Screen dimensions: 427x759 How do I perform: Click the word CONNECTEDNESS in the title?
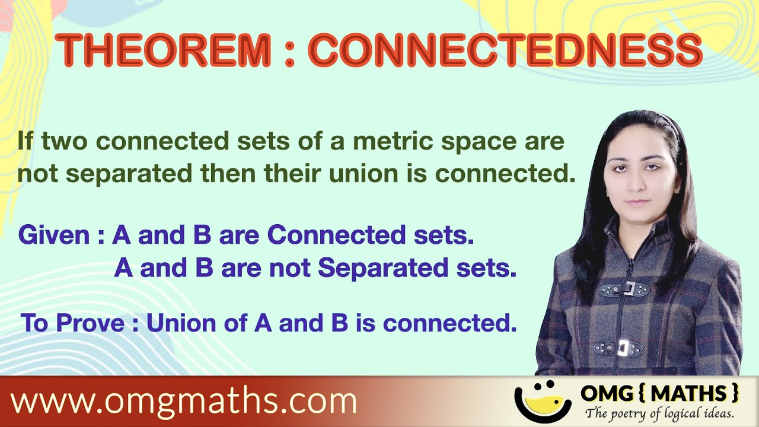point(505,50)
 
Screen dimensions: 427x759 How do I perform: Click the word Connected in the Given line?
point(321,236)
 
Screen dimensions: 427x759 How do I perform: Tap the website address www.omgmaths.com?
point(183,401)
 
